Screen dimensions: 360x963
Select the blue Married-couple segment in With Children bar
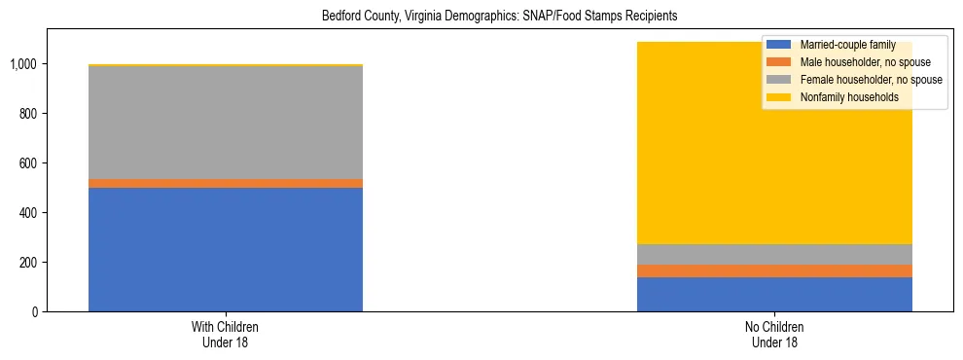pyautogui.click(x=226, y=249)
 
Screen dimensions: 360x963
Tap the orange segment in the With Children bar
pyautogui.click(x=226, y=183)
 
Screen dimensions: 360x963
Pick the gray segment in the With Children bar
pyautogui.click(x=226, y=123)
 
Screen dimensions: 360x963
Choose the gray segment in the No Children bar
pyautogui.click(x=774, y=254)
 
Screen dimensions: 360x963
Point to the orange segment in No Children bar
pyautogui.click(x=774, y=270)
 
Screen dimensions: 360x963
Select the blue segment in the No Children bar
pyautogui.click(x=774, y=294)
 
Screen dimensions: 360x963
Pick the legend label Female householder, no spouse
pyautogui.click(x=871, y=80)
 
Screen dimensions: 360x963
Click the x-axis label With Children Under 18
pyautogui.click(x=226, y=334)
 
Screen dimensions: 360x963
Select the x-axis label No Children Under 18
pyautogui.click(x=774, y=334)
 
